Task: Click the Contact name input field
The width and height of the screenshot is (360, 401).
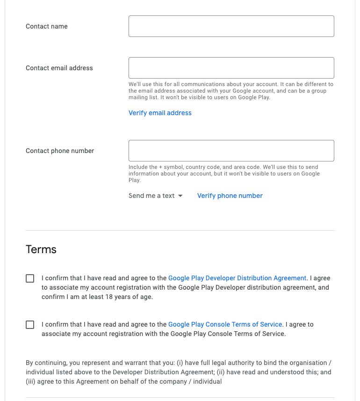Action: [x=231, y=26]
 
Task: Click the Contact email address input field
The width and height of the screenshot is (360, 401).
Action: [x=231, y=68]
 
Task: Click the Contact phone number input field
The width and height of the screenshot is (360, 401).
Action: [x=231, y=151]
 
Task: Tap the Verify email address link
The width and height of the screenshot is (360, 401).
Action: [x=160, y=113]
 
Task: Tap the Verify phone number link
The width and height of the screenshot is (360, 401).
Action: [x=230, y=196]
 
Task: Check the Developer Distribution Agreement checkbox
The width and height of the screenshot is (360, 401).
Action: [x=30, y=278]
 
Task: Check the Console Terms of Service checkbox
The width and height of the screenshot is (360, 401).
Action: [x=30, y=325]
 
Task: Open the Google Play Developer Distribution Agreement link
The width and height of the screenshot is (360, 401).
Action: [x=237, y=278]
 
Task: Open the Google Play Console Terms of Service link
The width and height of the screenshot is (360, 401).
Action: [x=225, y=324]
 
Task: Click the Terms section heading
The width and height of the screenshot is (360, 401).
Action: [x=41, y=249]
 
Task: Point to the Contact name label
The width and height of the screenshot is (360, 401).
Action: [x=47, y=26]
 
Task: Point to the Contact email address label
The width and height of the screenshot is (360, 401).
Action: [x=59, y=68]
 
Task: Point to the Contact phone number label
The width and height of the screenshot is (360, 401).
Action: [x=60, y=151]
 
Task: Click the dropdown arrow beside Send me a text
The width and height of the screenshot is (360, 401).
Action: [x=180, y=196]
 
